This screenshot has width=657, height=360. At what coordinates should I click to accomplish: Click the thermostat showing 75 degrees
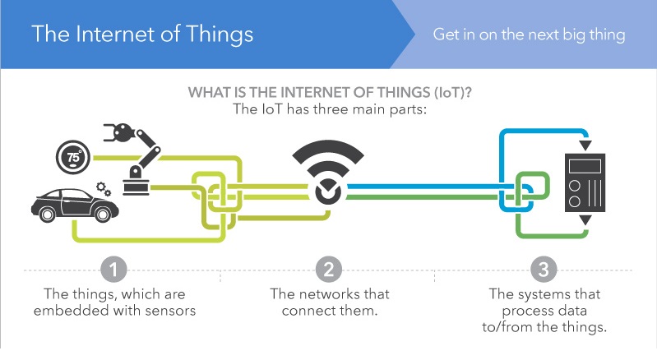click(x=73, y=157)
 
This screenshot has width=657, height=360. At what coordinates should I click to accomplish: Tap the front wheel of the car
click(x=103, y=215)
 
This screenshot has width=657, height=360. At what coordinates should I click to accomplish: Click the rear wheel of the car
click(x=47, y=215)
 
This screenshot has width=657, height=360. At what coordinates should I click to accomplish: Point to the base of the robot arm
click(x=136, y=187)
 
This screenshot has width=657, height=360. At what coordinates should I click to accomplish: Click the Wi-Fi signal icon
click(x=329, y=172)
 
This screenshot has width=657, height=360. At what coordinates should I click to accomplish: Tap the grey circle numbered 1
click(x=113, y=269)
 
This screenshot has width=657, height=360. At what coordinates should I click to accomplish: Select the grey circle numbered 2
click(x=329, y=269)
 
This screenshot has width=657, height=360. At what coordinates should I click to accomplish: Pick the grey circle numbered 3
click(x=544, y=269)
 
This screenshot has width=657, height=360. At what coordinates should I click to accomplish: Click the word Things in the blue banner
click(x=220, y=35)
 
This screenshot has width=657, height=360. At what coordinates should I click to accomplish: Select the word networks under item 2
click(x=331, y=294)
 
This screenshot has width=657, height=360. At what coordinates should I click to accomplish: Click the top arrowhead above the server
click(x=585, y=145)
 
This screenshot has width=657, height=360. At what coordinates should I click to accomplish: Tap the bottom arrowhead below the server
click(x=585, y=220)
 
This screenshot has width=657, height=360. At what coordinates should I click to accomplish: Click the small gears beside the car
click(x=104, y=189)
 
